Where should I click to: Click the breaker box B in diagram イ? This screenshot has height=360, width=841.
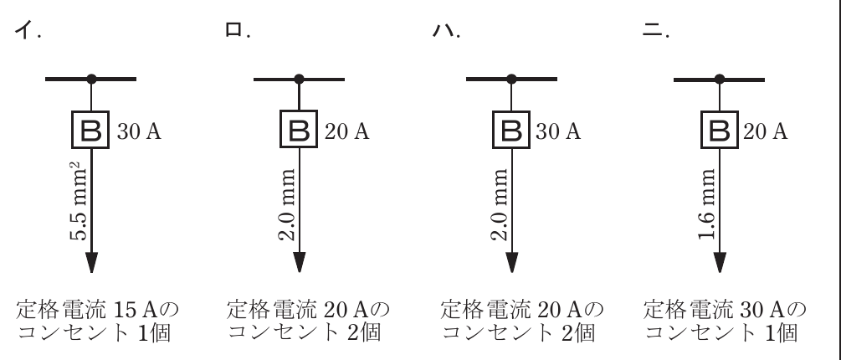[x=90, y=130]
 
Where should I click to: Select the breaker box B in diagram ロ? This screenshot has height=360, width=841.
[x=299, y=129]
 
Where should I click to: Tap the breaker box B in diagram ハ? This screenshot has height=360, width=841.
[x=511, y=129]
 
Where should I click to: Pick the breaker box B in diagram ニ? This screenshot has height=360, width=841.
[x=720, y=129]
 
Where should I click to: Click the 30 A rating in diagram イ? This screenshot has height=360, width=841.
[x=139, y=131]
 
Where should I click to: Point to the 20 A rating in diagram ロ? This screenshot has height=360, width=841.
[x=346, y=131]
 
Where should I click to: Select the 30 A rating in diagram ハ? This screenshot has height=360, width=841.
[x=558, y=131]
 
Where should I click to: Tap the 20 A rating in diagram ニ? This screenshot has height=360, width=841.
[x=766, y=131]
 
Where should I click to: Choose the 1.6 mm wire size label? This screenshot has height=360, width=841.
[x=707, y=204]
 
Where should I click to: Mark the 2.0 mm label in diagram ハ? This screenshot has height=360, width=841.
[x=500, y=204]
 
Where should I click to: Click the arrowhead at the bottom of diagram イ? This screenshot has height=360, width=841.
[x=92, y=262]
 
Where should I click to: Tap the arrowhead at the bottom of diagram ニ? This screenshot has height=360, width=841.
[x=720, y=262]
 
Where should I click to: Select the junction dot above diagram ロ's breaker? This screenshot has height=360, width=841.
[x=299, y=80]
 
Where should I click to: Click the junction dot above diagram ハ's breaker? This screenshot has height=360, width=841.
[x=511, y=80]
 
